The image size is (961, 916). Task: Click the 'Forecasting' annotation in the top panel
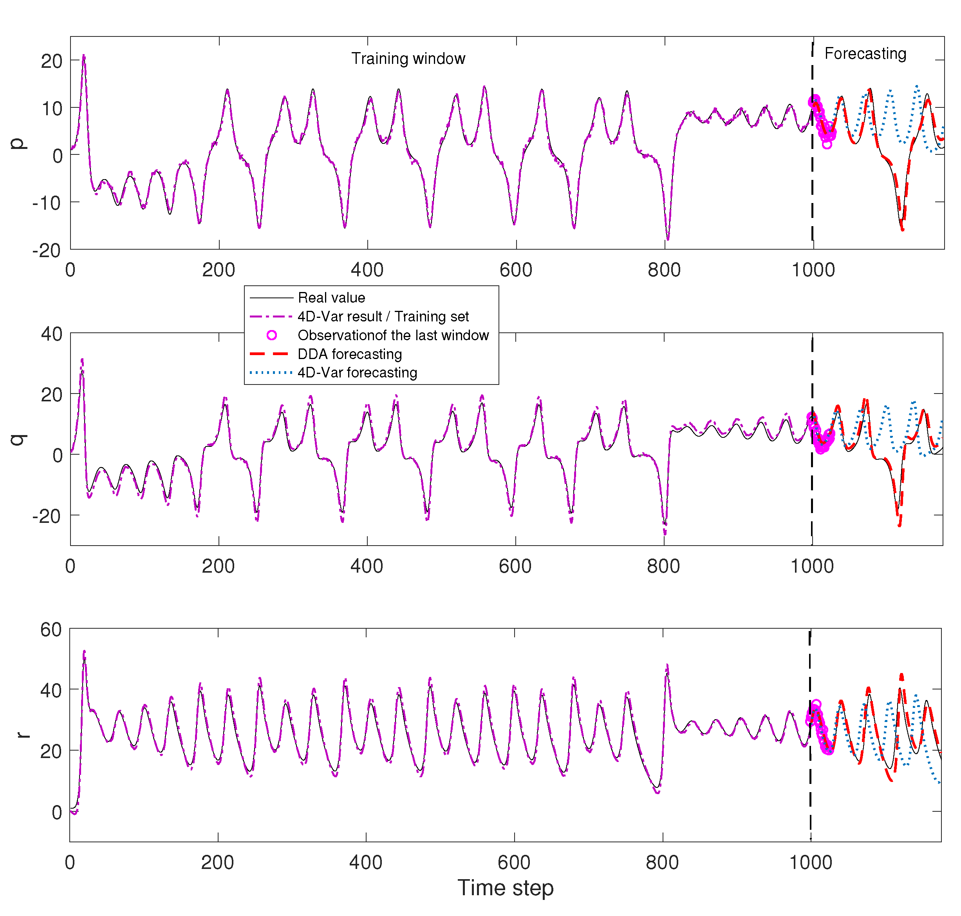(865, 53)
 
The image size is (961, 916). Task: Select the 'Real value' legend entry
(331, 298)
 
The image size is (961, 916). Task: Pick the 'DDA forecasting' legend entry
(349, 354)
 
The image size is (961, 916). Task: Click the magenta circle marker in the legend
(272, 336)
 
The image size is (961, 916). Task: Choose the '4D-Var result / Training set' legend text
(383, 316)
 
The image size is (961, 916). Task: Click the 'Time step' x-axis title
(506, 887)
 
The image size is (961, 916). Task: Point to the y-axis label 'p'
(18, 143)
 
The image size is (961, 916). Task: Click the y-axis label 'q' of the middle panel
(18, 439)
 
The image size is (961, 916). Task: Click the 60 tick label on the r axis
(51, 630)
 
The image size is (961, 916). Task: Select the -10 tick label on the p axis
(47, 203)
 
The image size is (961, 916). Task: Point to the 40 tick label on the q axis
(51, 334)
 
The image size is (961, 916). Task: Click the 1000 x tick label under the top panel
(813, 270)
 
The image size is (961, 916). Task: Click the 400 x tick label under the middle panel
(367, 566)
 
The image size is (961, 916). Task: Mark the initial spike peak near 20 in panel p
(83, 56)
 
